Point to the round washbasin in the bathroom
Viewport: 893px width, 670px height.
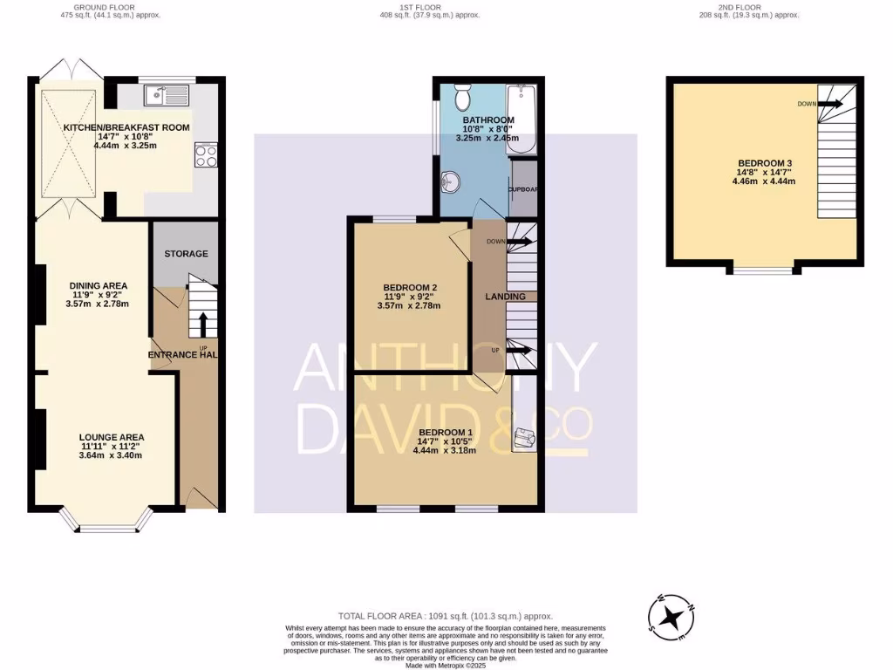(452, 181)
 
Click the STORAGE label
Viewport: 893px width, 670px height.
(187, 254)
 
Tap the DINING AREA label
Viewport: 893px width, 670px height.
(98, 285)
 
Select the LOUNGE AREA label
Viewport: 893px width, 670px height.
(111, 437)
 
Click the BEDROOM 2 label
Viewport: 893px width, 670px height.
(410, 288)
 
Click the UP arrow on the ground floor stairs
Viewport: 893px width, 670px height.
(203, 325)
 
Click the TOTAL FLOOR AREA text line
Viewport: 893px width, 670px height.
(446, 616)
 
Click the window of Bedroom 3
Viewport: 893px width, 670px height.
(763, 270)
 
